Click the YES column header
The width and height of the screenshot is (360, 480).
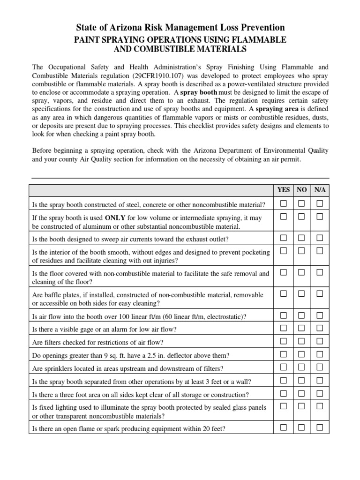(x=284, y=190)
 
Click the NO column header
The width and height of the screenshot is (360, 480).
(x=302, y=190)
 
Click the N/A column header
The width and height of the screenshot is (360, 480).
(x=320, y=190)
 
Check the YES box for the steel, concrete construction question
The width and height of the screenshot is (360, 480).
(x=284, y=203)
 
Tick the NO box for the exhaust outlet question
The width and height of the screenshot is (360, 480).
(x=302, y=238)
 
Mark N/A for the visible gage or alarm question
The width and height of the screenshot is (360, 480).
(x=320, y=328)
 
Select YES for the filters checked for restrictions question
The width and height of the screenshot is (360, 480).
(x=284, y=341)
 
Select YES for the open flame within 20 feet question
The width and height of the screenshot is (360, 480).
(x=284, y=427)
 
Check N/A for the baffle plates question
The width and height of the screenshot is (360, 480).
(x=320, y=294)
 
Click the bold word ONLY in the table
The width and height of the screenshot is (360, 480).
(x=115, y=218)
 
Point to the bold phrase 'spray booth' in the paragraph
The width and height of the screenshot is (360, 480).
(x=199, y=92)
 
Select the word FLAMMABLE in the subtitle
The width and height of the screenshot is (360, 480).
(x=261, y=40)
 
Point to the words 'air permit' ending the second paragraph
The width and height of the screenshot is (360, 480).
(x=285, y=159)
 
